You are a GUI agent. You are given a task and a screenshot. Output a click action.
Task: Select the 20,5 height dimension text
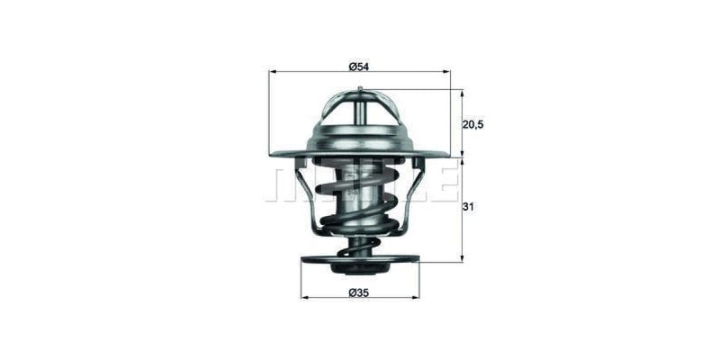coord(473,124)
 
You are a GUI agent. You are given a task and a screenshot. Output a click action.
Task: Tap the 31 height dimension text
coord(469,208)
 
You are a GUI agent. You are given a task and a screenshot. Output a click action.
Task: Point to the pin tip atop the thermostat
coord(360,88)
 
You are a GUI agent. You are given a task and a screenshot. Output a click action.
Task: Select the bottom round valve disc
coord(360,262)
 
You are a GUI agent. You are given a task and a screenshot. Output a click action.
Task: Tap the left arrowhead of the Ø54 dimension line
coord(273,71)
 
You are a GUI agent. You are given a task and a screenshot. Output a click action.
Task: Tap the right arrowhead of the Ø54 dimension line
coord(446,71)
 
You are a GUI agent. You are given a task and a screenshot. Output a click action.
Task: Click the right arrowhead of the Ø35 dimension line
coord(416,298)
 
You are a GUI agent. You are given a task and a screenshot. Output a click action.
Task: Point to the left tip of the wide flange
coord(272,154)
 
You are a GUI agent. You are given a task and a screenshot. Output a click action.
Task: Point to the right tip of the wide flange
coord(447,154)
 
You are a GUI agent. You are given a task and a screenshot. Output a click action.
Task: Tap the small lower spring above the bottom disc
coord(360,246)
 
